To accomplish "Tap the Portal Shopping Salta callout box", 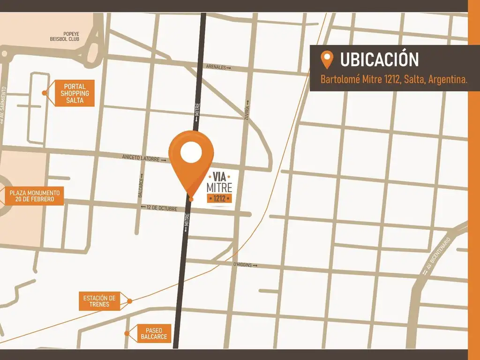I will (x=74, y=93).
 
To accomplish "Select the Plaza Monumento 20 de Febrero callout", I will (x=35, y=196).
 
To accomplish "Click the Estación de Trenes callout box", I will (x=99, y=301).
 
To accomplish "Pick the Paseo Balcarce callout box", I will (x=153, y=333).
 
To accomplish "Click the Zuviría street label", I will (x=247, y=111).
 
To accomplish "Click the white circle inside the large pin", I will (x=191, y=152).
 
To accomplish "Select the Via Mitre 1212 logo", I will (x=219, y=187).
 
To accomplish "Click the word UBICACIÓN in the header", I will (x=379, y=60).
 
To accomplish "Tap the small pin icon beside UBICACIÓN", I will (x=326, y=60).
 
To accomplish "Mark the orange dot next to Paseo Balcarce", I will (x=127, y=333).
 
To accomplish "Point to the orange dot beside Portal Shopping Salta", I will (x=45, y=93).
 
